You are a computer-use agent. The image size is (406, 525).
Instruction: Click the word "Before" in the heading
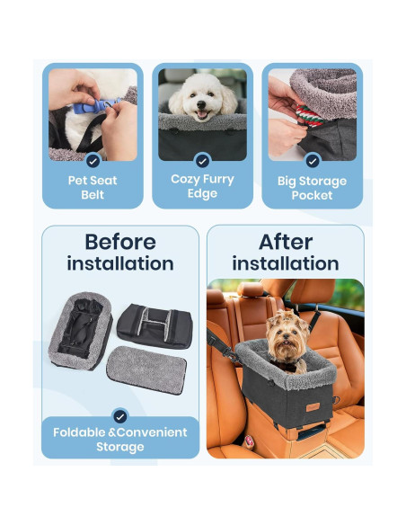(119, 242)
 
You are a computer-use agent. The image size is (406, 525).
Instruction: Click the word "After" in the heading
(285, 242)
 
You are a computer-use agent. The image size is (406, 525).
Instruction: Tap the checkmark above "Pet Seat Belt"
(93, 161)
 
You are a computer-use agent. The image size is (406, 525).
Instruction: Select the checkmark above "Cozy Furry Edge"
(202, 161)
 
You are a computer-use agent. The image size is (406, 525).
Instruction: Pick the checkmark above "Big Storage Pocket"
(312, 161)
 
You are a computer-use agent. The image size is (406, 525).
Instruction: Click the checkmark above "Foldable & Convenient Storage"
(119, 416)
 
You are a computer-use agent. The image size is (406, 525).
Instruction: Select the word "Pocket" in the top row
(312, 195)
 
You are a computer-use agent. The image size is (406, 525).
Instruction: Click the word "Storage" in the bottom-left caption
(119, 447)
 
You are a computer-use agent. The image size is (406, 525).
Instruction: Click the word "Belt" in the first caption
(93, 195)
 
